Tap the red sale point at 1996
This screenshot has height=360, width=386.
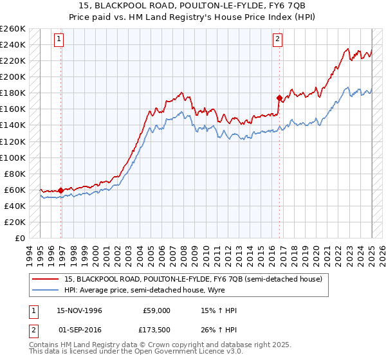pos(61,190)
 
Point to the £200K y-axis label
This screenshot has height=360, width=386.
pos(13,76)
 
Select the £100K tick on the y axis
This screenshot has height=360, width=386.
pos(13,157)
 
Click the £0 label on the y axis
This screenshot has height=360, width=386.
pos(19,238)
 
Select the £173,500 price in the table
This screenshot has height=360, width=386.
pos(156,330)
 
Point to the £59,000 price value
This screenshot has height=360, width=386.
pos(156,311)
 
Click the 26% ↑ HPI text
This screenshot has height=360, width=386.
pos(219,330)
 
